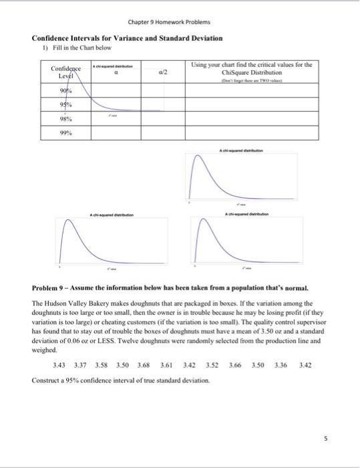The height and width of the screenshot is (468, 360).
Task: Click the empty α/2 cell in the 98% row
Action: [x=162, y=118]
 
